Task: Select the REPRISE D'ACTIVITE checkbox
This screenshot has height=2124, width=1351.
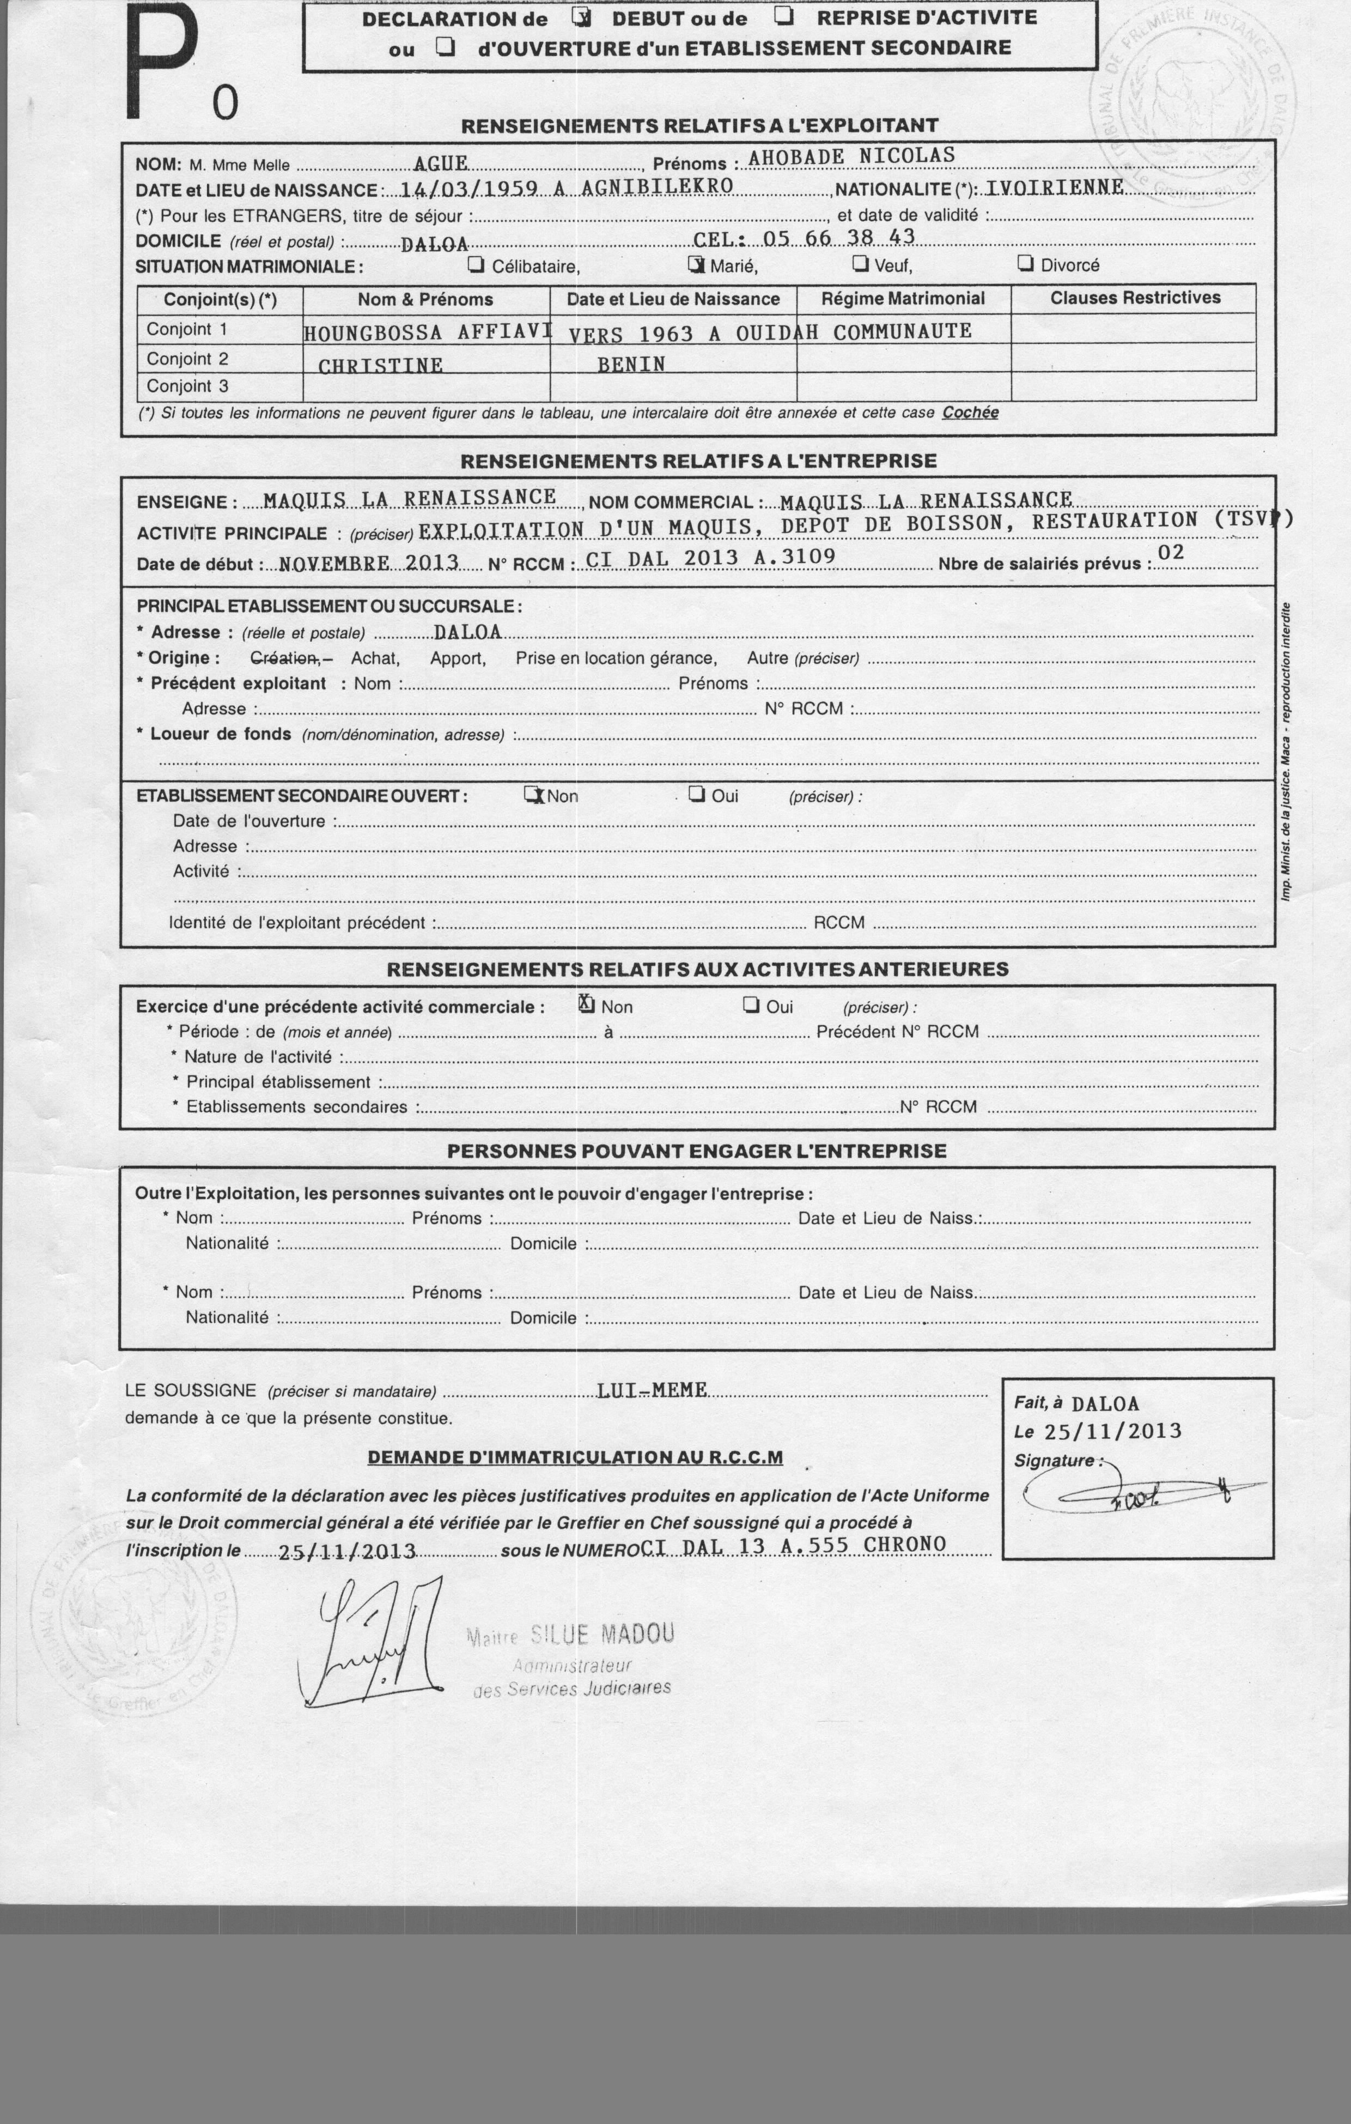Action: tap(783, 16)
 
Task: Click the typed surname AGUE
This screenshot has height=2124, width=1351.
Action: tap(440, 163)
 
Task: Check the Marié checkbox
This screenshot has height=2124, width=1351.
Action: tap(696, 264)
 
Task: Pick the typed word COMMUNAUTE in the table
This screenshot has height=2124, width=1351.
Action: tap(902, 332)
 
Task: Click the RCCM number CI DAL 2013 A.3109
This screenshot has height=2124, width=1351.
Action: tap(710, 558)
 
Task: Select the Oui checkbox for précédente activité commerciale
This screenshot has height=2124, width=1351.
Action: tap(751, 1004)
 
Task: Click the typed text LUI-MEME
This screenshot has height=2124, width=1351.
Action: tap(652, 1390)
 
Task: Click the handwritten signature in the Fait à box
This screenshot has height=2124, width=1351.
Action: tap(1137, 1492)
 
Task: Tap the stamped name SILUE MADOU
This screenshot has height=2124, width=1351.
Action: tap(601, 1635)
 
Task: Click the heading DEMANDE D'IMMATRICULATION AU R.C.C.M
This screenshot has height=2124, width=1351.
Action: tap(575, 1457)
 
